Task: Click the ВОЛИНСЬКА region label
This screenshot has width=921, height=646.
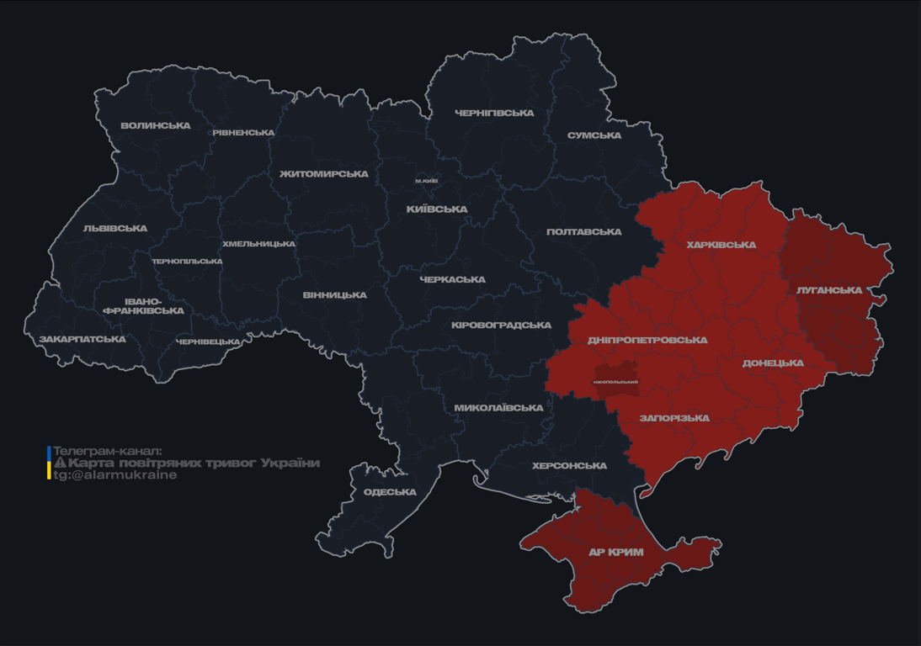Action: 156,126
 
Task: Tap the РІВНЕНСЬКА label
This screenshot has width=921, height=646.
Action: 243,133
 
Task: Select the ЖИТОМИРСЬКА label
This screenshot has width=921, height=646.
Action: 324,174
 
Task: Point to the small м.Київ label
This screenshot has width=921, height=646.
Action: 426,181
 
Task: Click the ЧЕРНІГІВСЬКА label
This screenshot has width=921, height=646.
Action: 494,113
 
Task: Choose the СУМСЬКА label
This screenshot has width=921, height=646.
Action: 594,135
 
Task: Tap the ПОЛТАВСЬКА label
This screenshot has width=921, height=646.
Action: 584,232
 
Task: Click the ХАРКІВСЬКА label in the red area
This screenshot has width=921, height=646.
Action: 721,246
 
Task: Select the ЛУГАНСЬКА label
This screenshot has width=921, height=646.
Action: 829,290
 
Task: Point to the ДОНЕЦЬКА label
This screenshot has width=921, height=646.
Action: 773,363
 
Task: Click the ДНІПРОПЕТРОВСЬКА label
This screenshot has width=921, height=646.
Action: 647,341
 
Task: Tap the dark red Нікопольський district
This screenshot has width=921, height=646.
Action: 615,381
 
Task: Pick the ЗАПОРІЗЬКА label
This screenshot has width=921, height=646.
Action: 674,418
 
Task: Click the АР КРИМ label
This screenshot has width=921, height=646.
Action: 616,553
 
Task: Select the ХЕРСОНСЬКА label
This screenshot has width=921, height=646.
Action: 569,466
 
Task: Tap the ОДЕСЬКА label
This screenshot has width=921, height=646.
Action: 390,492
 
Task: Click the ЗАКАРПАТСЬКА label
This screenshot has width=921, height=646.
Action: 83,340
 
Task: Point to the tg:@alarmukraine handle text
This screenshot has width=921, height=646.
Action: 115,475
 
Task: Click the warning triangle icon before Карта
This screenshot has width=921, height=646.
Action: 60,463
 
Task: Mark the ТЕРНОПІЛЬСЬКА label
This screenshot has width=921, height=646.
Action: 187,262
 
